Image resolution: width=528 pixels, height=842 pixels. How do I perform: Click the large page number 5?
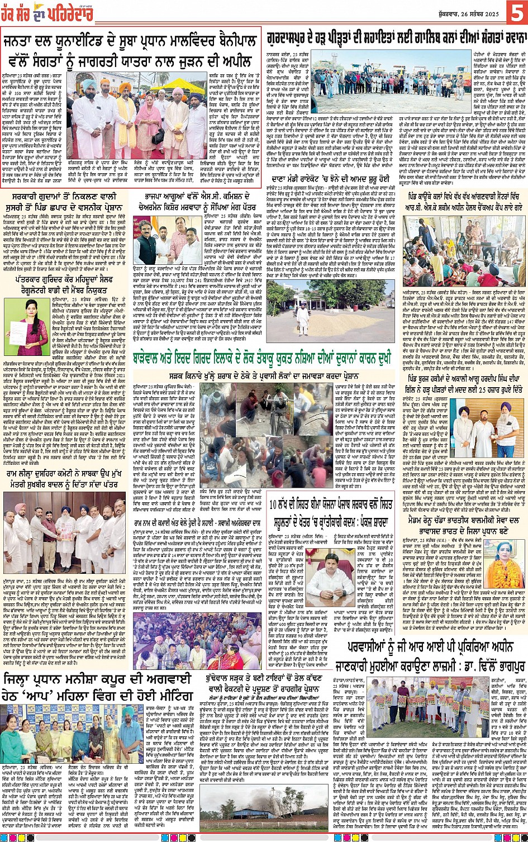coord(514,12)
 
